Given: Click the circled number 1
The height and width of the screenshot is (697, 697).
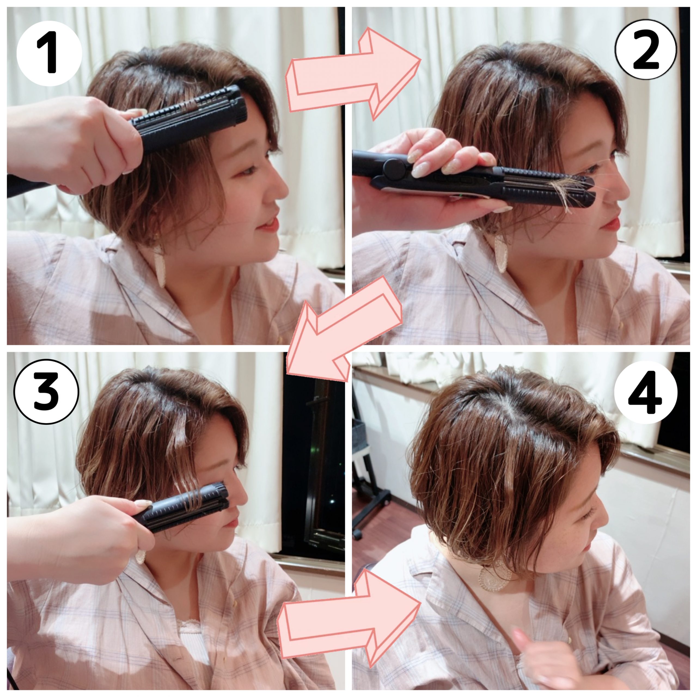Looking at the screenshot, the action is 50,53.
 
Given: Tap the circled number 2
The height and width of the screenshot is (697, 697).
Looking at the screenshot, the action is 646,50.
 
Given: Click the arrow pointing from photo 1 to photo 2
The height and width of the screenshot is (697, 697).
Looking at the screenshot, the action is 354,74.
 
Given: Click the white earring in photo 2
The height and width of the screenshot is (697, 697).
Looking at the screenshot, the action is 502,255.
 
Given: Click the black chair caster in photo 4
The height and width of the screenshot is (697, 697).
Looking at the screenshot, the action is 357,534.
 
